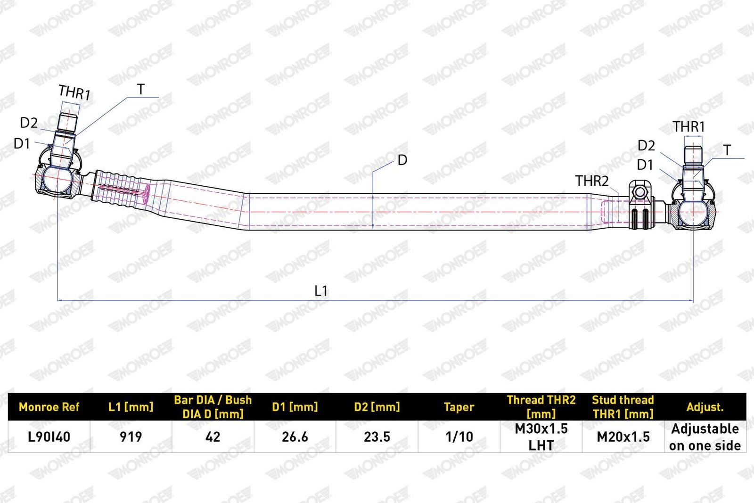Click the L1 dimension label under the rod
[320, 291]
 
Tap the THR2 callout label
[592, 181]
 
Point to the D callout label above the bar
[402, 160]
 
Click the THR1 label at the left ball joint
[74, 92]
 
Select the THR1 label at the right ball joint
[688, 127]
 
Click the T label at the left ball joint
[141, 89]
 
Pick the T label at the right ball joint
[727, 150]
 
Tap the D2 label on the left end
[29, 123]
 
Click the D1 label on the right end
[645, 165]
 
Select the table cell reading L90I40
[49, 437]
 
